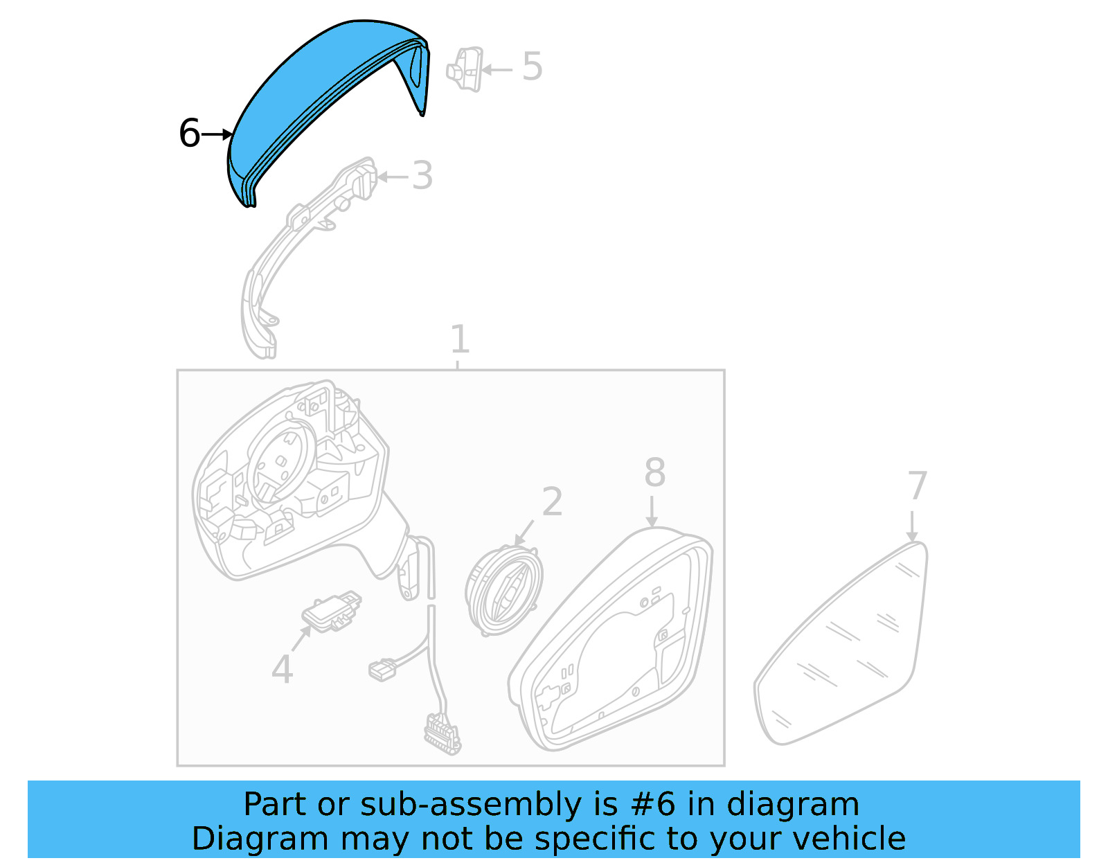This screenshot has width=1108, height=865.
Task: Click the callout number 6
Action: pyautogui.click(x=188, y=133)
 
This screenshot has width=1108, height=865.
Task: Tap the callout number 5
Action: pyautogui.click(x=532, y=66)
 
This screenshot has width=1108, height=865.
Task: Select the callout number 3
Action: pyautogui.click(x=422, y=176)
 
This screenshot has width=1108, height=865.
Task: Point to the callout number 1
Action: pyautogui.click(x=460, y=339)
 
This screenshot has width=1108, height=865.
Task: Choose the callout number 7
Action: pyautogui.click(x=918, y=485)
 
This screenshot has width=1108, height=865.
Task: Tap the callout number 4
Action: pyautogui.click(x=282, y=669)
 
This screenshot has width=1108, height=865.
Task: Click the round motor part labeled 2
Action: pyautogui.click(x=503, y=590)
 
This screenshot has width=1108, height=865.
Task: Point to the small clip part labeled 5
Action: pyautogui.click(x=465, y=69)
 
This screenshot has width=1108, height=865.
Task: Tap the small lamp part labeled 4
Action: pyautogui.click(x=331, y=611)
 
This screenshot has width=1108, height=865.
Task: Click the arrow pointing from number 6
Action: pyautogui.click(x=217, y=134)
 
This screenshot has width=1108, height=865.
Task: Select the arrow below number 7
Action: pyautogui.click(x=912, y=526)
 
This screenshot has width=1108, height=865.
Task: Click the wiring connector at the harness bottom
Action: pyautogui.click(x=442, y=734)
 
